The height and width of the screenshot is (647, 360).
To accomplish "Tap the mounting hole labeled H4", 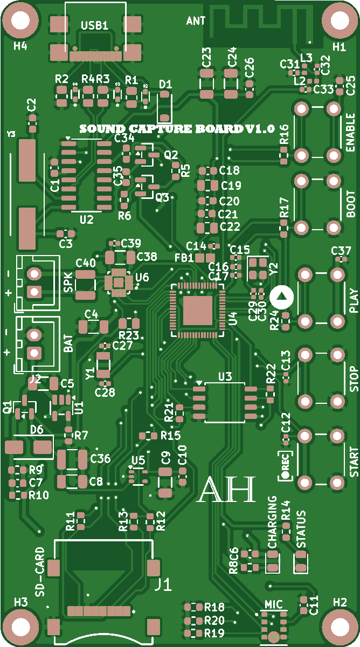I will tap(20, 20).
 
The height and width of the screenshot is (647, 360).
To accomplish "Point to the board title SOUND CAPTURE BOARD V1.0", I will tap(177, 129).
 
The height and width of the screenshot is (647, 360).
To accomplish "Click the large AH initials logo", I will tap(226, 490).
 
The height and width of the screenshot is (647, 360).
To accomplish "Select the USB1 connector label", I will tap(95, 25).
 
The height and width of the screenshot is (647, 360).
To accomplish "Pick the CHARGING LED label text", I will tap(273, 522).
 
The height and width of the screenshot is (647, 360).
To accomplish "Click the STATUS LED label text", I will tap(301, 529).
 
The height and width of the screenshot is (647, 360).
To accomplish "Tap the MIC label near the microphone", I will tap(273, 605).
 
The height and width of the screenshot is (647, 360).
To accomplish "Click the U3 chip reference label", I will tap(225, 376).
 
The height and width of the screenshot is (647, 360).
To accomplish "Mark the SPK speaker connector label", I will tap(68, 283).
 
